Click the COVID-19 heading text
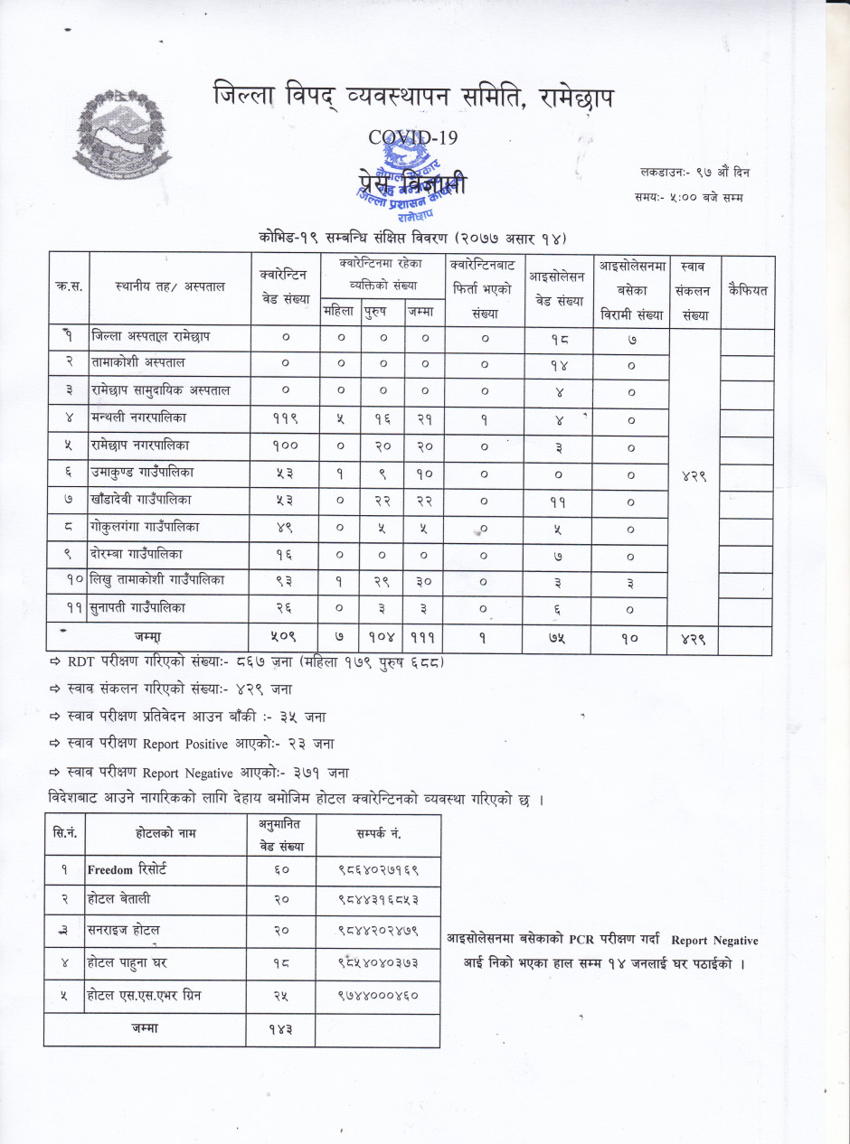tap(413, 137)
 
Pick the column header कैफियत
tap(746, 290)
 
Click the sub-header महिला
tap(340, 313)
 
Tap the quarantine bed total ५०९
tap(285, 639)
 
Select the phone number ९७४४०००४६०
tap(377, 995)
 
